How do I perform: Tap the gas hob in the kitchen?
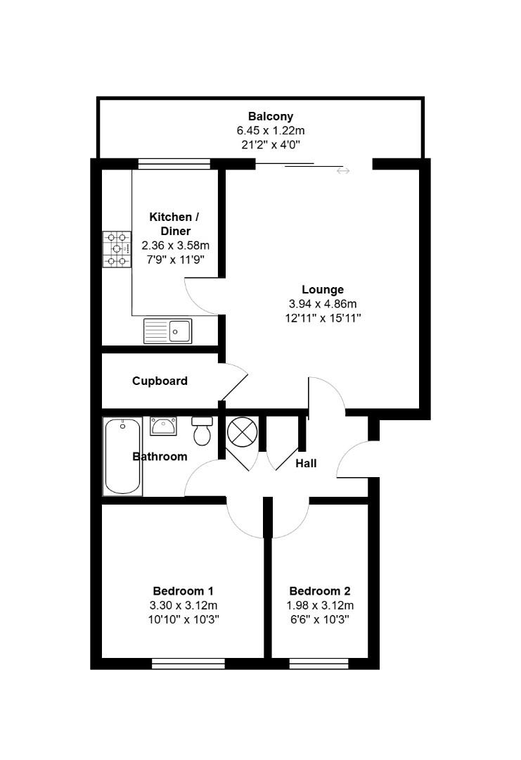[x=117, y=250]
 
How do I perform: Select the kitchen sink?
[x=167, y=331]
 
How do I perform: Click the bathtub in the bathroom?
[x=123, y=456]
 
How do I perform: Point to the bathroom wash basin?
[x=163, y=426]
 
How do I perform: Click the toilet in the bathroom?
[x=202, y=431]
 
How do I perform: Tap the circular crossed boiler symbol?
[x=241, y=431]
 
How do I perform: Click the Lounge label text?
[x=323, y=289]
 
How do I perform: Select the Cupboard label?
[x=160, y=381]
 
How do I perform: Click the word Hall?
[x=306, y=464]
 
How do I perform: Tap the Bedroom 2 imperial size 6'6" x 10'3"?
[x=320, y=619]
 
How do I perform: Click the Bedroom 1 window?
[x=188, y=663]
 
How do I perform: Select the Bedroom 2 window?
[x=319, y=663]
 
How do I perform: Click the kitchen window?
[x=174, y=164]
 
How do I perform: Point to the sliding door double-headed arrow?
[x=342, y=171]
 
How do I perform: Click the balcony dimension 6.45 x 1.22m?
[x=270, y=131]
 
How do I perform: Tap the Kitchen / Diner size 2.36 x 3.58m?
[x=175, y=246]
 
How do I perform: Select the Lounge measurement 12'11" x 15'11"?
[x=323, y=318]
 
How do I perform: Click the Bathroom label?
[x=160, y=457]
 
